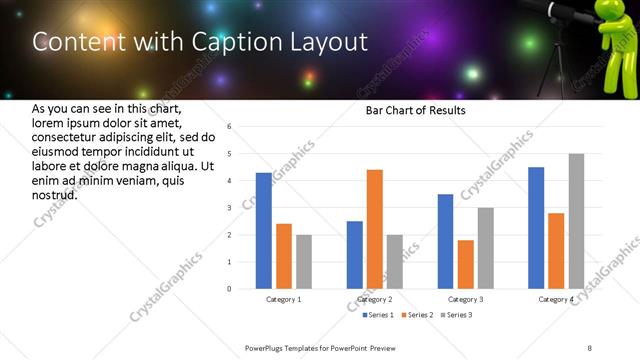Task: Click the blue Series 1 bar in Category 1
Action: [264, 231]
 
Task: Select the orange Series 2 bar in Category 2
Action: [375, 229]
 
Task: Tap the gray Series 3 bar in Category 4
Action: [576, 221]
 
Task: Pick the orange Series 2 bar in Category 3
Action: [466, 264]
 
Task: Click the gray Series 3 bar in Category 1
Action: [304, 262]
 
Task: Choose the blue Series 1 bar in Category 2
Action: [355, 255]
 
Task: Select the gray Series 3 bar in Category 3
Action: [486, 248]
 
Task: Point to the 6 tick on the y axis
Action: [229, 127]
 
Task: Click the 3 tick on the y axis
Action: [229, 208]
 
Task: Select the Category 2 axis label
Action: [375, 299]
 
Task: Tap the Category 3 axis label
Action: [466, 299]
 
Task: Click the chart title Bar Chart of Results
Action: [415, 110]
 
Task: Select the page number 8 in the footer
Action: [590, 347]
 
